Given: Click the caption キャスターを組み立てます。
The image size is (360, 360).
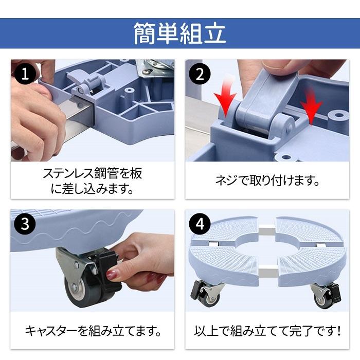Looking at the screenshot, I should pyautogui.click(x=93, y=329).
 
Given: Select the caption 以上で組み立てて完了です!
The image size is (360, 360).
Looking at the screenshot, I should pyautogui.click(x=267, y=329).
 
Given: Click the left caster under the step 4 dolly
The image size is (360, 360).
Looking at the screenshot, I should pyautogui.click(x=208, y=294).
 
